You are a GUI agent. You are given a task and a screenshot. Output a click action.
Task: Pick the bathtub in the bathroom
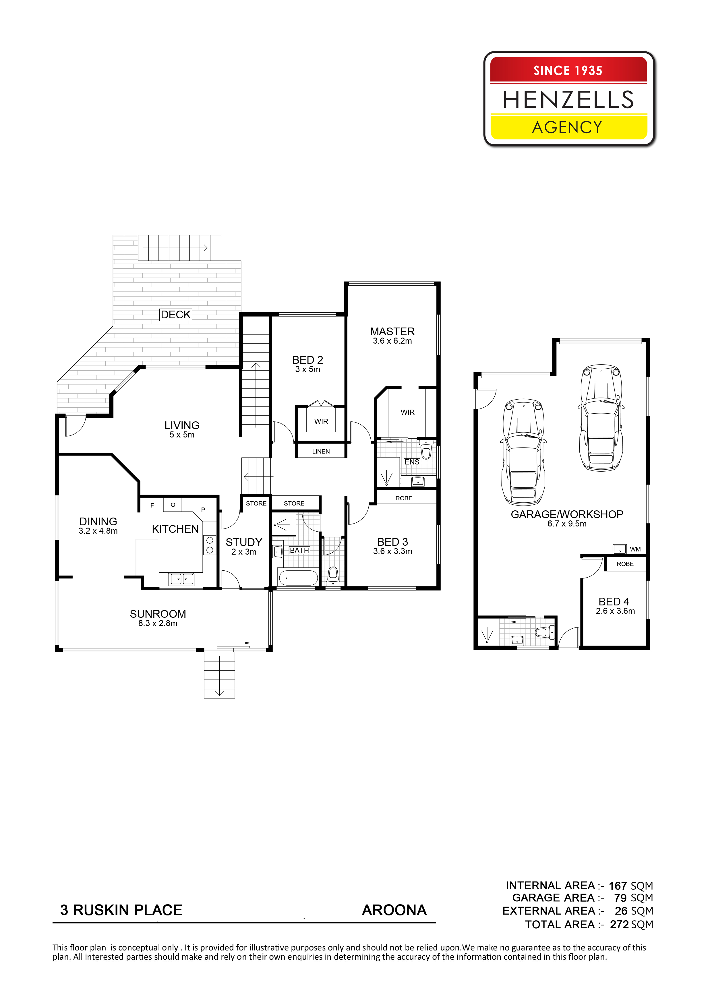pyautogui.click(x=298, y=578)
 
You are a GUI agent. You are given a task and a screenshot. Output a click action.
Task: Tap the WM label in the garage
pyautogui.click(x=635, y=549)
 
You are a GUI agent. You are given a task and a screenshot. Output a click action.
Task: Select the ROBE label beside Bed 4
pyautogui.click(x=625, y=564)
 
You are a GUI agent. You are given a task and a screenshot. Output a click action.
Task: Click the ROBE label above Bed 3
pyautogui.click(x=404, y=498)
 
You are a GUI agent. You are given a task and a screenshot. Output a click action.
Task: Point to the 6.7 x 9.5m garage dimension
pyautogui.click(x=567, y=524)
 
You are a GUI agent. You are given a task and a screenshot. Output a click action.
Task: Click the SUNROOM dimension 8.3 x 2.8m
pyautogui.click(x=158, y=623)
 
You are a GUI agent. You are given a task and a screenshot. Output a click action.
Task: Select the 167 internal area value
pyautogui.click(x=618, y=886)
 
